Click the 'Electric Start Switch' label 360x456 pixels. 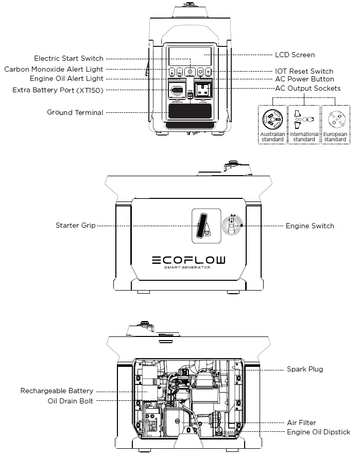(x=68, y=59)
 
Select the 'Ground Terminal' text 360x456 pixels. (x=75, y=112)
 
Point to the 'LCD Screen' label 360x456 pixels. (x=295, y=55)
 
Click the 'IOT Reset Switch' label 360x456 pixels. (x=304, y=71)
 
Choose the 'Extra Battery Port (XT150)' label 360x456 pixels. (x=58, y=90)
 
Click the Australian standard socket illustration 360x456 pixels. (x=272, y=120)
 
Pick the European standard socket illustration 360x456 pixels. (x=335, y=120)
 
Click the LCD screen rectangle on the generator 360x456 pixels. (x=190, y=56)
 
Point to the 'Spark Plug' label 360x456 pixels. (x=305, y=369)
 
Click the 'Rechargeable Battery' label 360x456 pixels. (x=57, y=391)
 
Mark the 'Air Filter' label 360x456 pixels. (x=301, y=423)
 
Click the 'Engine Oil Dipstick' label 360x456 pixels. (x=318, y=432)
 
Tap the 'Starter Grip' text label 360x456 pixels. (x=75, y=226)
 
